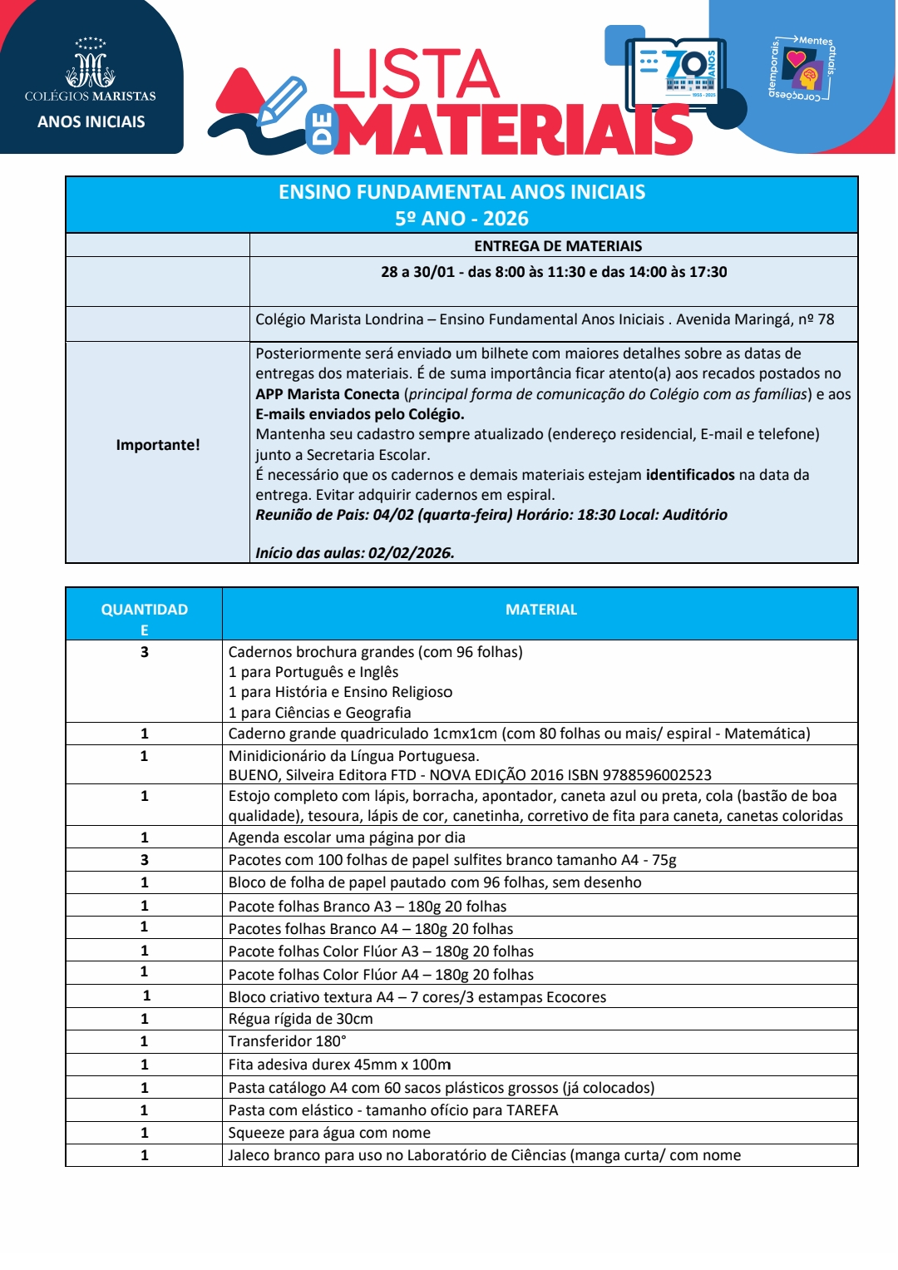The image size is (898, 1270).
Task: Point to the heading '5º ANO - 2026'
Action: tap(461, 219)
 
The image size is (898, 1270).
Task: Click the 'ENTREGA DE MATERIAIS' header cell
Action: tap(558, 246)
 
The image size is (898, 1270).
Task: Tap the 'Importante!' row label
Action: tap(158, 445)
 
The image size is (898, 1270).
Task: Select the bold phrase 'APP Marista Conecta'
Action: tap(328, 394)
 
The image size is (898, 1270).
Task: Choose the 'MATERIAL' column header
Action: tap(540, 610)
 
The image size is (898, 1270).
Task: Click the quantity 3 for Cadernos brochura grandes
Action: tap(145, 652)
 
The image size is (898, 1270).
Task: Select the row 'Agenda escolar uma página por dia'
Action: tap(347, 838)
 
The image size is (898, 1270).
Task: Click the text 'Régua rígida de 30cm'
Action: tap(300, 1019)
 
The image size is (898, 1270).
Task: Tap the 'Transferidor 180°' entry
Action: tap(287, 1041)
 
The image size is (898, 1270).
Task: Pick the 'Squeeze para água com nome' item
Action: tap(329, 1133)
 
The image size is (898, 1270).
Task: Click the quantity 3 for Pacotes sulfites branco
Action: tap(145, 860)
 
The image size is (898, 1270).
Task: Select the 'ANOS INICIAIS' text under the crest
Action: tap(91, 122)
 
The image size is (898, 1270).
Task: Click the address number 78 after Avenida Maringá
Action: tap(826, 319)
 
